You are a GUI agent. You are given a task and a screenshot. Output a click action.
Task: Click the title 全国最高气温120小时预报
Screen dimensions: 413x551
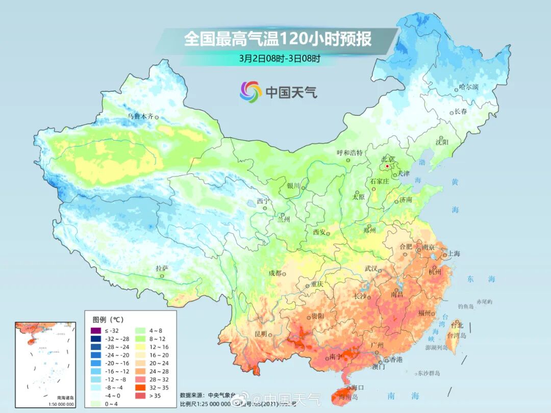click(278, 39)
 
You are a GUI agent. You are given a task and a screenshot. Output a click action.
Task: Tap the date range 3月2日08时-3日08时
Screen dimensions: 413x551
click(280, 58)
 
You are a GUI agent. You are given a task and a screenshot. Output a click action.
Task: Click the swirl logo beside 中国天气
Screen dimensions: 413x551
click(251, 92)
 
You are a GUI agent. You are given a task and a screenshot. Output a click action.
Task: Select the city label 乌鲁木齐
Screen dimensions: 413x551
click(140, 116)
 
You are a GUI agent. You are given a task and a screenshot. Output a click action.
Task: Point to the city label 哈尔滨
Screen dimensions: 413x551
click(469, 87)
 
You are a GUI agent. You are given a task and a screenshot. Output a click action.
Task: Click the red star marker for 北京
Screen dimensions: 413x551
click(387, 166)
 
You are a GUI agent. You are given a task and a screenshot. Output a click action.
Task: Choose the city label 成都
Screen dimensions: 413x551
click(275, 273)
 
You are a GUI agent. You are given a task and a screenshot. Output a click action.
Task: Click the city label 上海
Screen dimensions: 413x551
click(454, 253)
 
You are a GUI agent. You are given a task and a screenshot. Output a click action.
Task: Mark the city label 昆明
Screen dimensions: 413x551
click(260, 334)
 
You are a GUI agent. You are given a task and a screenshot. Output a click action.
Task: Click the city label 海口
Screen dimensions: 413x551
click(358, 388)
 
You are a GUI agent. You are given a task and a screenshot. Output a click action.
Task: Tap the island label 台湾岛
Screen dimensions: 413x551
click(457, 335)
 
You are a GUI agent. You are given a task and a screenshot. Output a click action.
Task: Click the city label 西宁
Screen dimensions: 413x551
click(263, 201)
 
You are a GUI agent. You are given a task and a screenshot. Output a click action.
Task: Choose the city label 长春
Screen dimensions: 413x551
click(461, 111)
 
